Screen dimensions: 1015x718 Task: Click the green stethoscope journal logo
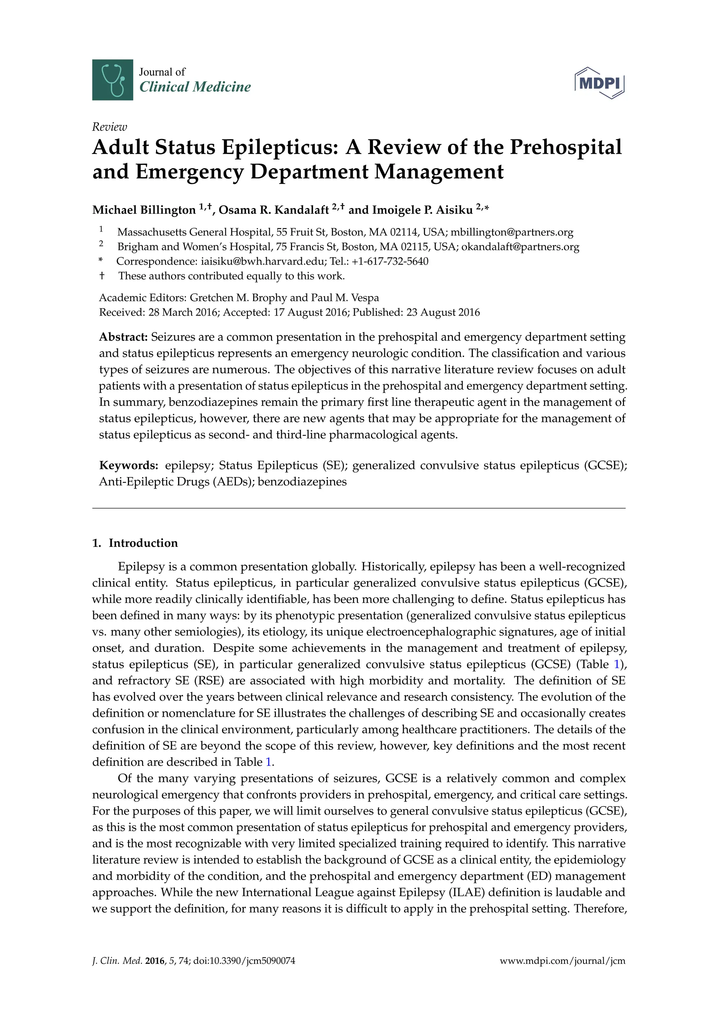112,80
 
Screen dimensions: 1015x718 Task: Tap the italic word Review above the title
109,127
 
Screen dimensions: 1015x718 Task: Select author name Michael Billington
144,210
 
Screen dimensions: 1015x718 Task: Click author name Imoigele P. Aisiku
422,210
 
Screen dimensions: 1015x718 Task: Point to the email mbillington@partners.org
512,232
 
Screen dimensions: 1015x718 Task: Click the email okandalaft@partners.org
520,247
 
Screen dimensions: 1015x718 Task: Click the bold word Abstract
123,337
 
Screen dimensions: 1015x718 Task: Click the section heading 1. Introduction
135,543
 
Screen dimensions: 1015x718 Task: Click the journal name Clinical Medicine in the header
195,87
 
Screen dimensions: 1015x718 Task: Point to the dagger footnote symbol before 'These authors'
102,276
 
